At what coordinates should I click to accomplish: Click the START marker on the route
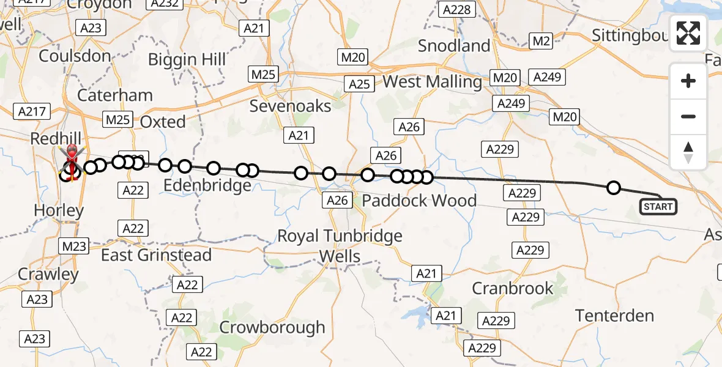(x=658, y=207)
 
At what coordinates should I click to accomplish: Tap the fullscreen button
(x=688, y=33)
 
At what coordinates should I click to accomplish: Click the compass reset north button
(x=688, y=152)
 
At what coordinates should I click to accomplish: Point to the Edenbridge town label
(x=208, y=185)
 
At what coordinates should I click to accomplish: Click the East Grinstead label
(x=156, y=255)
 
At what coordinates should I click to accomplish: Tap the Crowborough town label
(x=272, y=327)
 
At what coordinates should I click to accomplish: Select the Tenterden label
(x=614, y=316)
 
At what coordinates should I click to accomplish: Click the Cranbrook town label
(x=513, y=288)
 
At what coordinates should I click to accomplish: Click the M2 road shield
(x=541, y=41)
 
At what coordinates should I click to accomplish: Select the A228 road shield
(x=457, y=9)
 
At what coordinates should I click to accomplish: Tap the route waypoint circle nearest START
(x=613, y=188)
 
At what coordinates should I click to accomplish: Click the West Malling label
(x=433, y=81)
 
